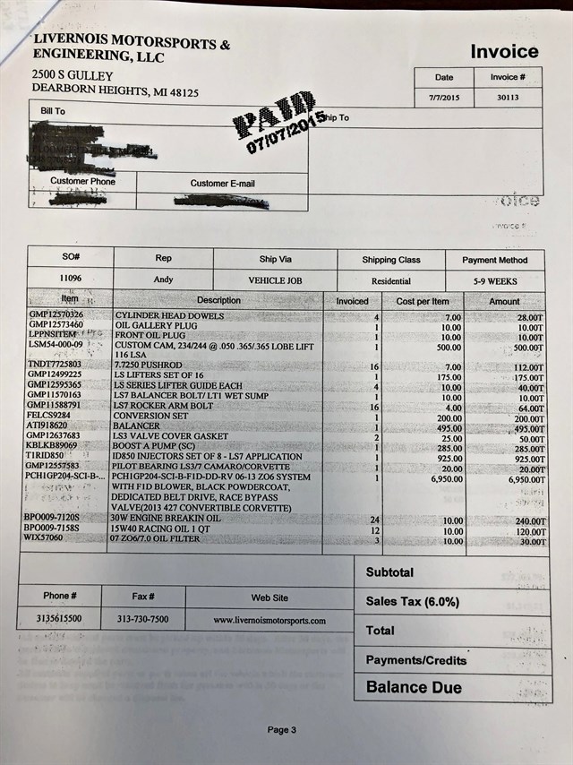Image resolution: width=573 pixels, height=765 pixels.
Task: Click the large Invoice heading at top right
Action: click(x=504, y=52)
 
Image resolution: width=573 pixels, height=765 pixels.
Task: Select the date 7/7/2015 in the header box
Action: click(x=443, y=98)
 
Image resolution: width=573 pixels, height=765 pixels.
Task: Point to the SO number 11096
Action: click(x=70, y=279)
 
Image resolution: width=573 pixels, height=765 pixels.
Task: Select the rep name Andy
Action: click(x=163, y=280)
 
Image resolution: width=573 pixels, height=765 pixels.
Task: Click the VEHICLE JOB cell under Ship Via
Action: click(x=275, y=281)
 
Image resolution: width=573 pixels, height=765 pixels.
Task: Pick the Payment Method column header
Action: click(x=494, y=260)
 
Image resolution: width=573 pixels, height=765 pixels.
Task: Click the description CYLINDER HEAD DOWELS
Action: click(x=169, y=316)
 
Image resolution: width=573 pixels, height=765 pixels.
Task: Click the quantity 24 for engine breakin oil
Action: click(x=376, y=520)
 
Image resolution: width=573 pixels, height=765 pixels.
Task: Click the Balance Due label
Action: click(x=414, y=688)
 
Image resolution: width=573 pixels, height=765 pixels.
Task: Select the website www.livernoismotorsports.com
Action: click(x=269, y=620)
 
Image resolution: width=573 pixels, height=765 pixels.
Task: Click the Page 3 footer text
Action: click(x=279, y=729)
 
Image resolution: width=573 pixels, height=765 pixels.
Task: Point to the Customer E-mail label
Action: click(x=222, y=184)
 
